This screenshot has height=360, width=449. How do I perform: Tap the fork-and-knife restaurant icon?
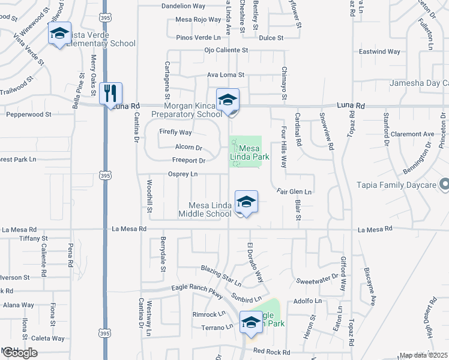pos(111,94)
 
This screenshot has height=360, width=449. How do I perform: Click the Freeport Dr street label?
pos(189,161)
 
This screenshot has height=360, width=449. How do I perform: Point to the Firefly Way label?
pos(175,132)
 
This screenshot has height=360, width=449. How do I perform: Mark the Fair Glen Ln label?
pos(294,192)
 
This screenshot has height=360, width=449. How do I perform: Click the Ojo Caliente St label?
pos(226,50)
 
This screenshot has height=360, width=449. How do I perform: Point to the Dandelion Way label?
pos(183,6)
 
